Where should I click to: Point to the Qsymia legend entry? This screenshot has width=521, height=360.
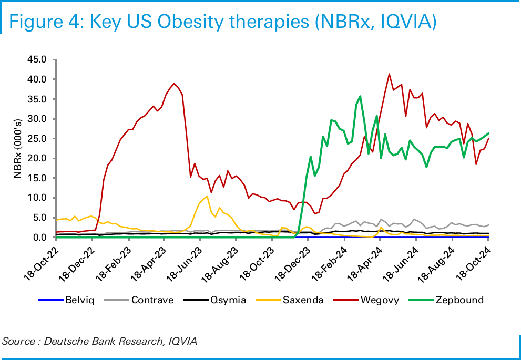pos(228,300)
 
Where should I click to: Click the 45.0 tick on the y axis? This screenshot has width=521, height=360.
pos(38,59)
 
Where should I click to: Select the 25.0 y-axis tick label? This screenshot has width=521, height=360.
pos(38,138)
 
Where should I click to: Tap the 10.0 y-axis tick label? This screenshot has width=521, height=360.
pos(38,198)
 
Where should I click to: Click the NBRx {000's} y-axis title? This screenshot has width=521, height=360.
pos(18,148)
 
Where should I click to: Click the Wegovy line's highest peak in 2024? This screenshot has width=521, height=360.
pos(389,74)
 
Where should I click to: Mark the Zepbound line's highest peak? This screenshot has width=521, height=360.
pos(360,96)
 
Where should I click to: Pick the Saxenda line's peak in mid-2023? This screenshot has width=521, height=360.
pos(207,196)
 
